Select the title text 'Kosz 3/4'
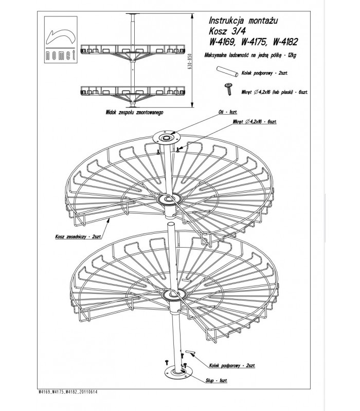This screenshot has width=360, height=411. [223, 31]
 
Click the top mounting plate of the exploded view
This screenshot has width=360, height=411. [168, 138]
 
